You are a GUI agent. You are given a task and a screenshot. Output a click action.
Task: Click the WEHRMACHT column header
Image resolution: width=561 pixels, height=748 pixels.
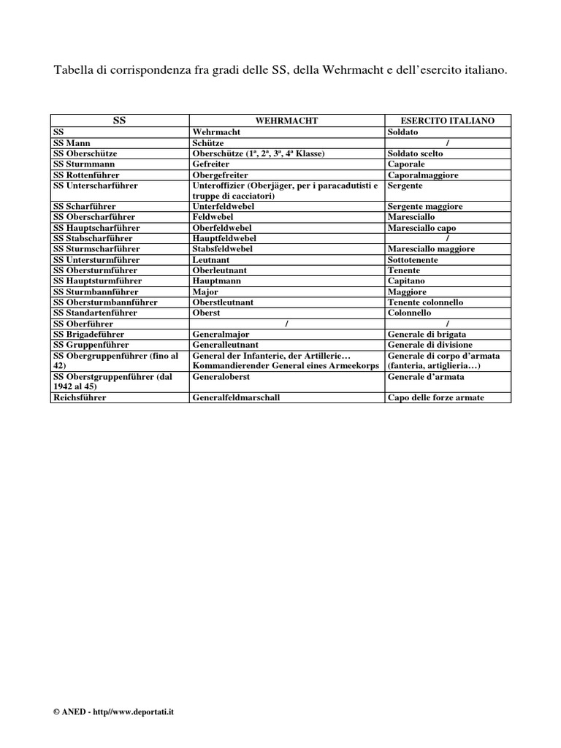click(x=287, y=121)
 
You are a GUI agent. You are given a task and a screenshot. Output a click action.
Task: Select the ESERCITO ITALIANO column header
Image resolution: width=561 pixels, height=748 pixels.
click(x=448, y=121)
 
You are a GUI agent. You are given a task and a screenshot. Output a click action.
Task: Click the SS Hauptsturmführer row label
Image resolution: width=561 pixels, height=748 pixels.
click(x=98, y=280)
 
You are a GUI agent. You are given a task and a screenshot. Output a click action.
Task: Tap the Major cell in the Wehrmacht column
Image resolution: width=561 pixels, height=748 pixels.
click(x=205, y=291)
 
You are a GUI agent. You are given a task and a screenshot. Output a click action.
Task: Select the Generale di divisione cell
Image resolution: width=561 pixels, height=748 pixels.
click(x=430, y=344)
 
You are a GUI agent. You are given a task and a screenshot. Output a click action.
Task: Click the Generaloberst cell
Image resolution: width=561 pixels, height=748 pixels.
click(x=221, y=377)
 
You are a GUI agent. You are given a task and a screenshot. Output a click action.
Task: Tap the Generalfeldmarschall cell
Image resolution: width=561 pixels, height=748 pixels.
click(x=236, y=397)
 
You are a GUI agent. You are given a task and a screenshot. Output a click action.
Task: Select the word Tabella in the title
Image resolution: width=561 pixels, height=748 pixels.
click(x=75, y=71)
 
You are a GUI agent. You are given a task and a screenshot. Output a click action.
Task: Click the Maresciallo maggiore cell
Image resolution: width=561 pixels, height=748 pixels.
click(x=431, y=249)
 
